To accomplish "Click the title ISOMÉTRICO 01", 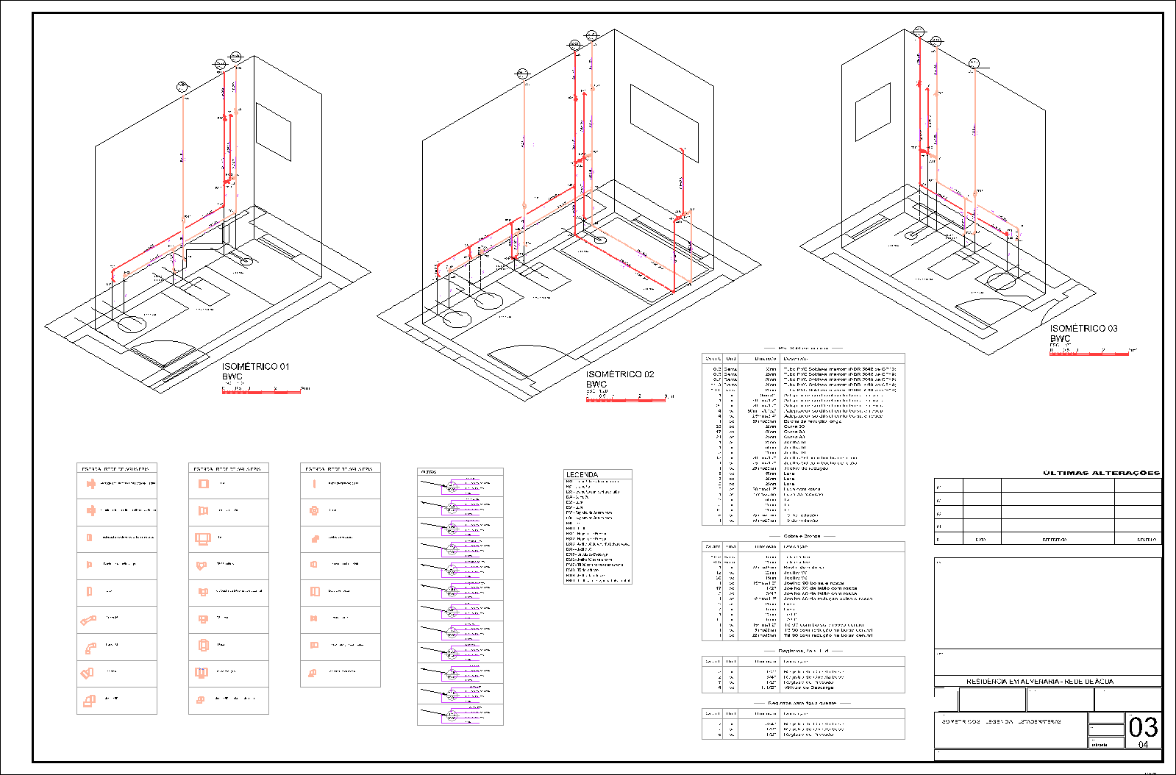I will (255, 366).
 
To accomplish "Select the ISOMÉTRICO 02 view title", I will (619, 374).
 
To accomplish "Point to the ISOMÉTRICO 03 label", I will (1083, 329).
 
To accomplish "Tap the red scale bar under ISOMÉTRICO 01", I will (261, 392).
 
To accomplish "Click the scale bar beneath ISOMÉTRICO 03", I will (1088, 354).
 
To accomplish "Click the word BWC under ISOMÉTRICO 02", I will (596, 385).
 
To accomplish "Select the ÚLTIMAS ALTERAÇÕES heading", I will (1101, 473).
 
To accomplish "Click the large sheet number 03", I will (1143, 728).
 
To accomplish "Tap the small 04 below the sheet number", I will (1143, 745).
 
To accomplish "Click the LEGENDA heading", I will (582, 475).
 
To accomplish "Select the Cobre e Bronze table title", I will (802, 536).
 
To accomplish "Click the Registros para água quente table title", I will (802, 703).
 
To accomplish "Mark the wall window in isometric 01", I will (273, 132).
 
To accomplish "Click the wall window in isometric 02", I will (664, 114).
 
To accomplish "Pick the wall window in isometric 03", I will (872, 112).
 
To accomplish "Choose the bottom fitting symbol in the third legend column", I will (313, 672).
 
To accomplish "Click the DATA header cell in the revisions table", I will (980, 540).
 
